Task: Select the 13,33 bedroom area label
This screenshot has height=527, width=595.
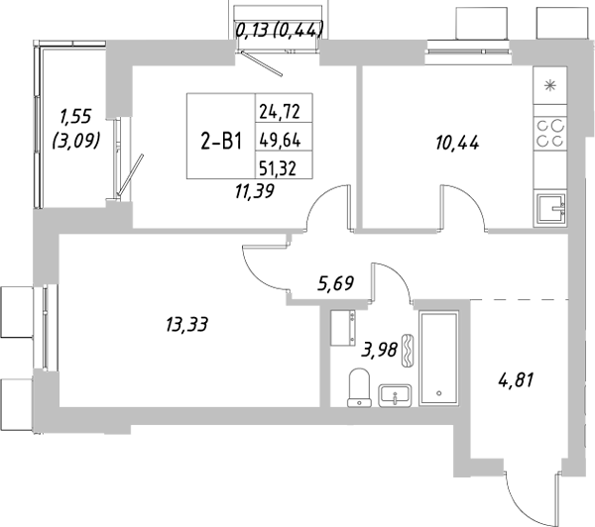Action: pos(187,322)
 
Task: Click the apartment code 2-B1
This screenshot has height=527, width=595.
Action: pos(221,141)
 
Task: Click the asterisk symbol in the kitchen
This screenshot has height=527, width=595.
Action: pos(551,85)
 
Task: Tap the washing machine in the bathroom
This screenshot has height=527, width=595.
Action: pos(344,325)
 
